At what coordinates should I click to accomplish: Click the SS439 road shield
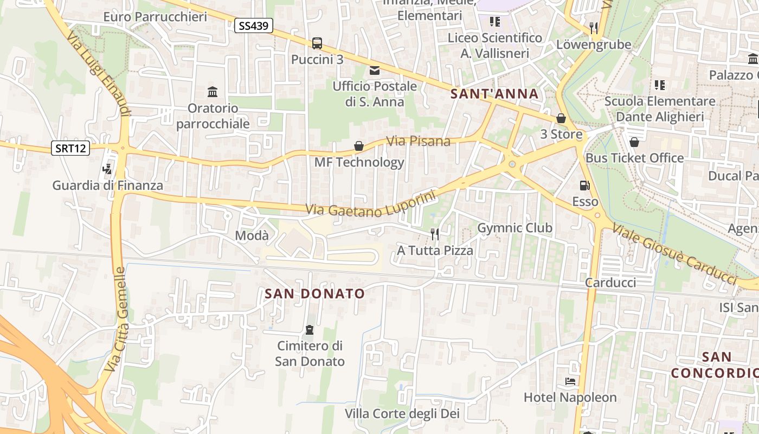tap(253, 25)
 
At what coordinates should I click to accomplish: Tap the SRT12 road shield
tap(70, 148)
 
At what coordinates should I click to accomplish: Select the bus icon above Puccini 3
tap(317, 43)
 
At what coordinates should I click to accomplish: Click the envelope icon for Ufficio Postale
tap(375, 70)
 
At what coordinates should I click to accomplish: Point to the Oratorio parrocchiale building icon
tap(213, 92)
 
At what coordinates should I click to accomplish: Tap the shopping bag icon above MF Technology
tap(358, 146)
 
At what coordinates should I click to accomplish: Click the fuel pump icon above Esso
tap(584, 186)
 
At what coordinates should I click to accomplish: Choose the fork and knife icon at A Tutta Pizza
tap(435, 234)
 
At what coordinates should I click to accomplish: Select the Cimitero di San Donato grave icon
tap(310, 329)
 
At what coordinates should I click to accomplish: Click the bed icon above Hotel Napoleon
tap(570, 381)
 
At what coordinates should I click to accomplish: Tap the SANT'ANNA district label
tap(495, 94)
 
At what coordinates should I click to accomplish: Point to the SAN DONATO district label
tap(314, 294)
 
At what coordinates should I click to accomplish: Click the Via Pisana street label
tap(418, 141)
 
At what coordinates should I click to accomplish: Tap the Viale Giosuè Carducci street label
tap(675, 253)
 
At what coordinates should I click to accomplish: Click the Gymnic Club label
tap(514, 228)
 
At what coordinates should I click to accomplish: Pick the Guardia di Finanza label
tap(107, 186)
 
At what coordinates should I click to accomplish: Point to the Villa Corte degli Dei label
tap(402, 414)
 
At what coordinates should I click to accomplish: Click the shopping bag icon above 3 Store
tap(561, 118)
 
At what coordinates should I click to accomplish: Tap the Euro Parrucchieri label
tap(155, 17)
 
